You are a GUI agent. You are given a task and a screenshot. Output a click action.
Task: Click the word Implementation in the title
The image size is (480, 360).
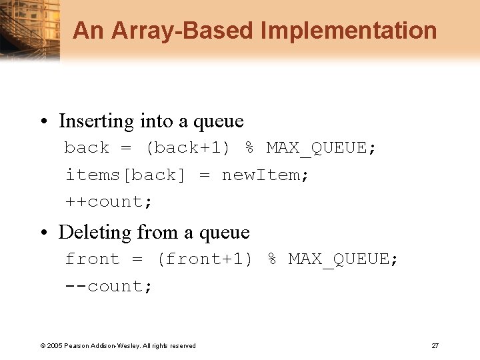pos(349,31)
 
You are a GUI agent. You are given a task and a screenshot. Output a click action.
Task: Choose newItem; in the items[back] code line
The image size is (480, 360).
pos(265,175)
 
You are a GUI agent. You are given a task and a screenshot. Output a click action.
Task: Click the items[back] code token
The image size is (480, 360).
pos(125,175)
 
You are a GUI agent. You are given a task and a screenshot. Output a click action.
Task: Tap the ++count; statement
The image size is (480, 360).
pos(109,202)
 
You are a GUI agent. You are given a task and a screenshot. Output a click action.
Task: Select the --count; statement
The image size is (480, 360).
pos(109,287)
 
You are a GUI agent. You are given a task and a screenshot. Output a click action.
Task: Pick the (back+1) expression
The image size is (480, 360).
pos(187,148)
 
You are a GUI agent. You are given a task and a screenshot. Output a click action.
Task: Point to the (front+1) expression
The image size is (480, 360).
pos(205,259)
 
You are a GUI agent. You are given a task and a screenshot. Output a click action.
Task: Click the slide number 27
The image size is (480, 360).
pos(435,345)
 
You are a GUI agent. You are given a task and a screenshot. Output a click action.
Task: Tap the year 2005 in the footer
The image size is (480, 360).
pos(55,346)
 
